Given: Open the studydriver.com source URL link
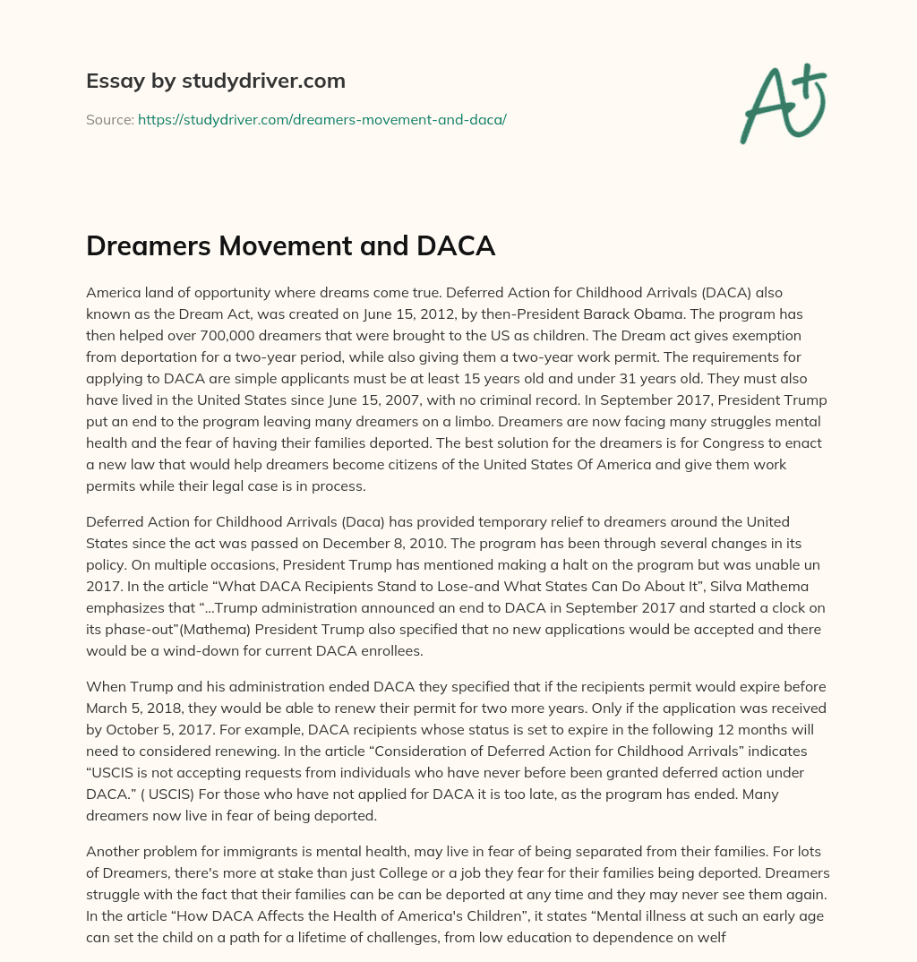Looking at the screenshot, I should (321, 119).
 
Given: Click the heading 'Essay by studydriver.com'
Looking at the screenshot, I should (215, 81).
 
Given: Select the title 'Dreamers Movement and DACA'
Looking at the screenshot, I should (290, 246).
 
